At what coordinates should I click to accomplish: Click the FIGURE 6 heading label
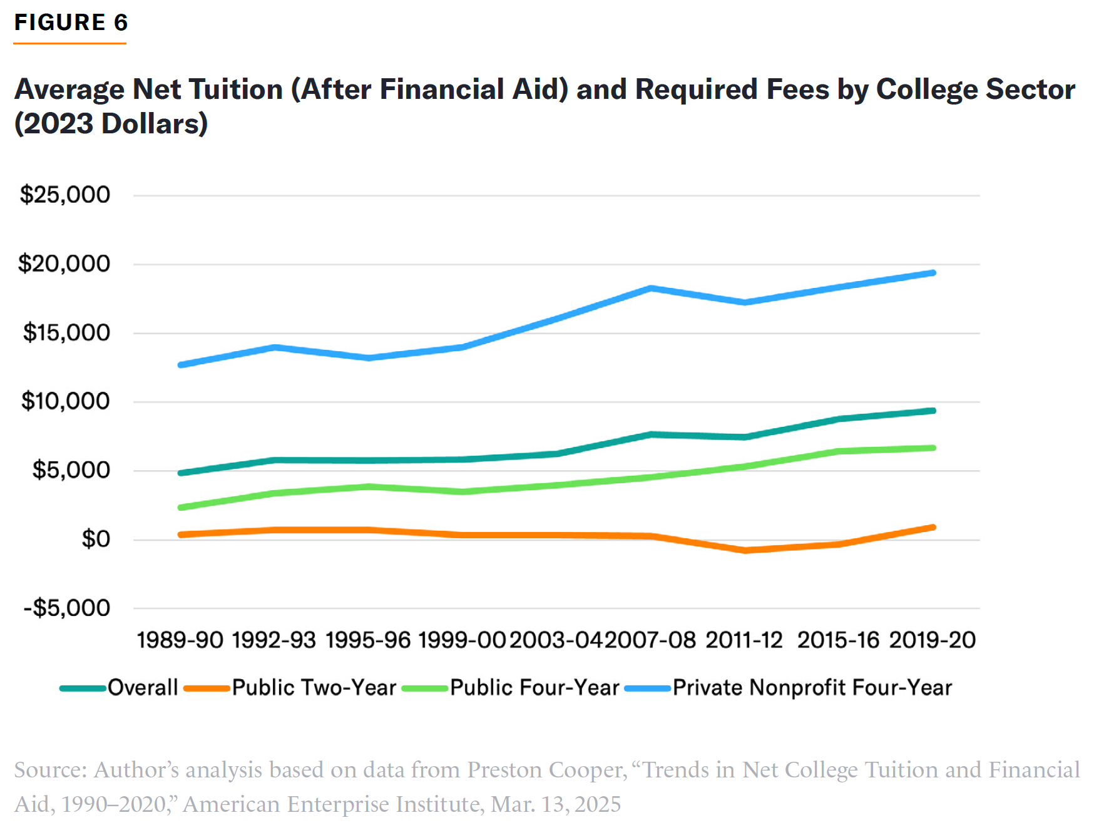[71, 23]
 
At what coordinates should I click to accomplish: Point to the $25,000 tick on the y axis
[64, 195]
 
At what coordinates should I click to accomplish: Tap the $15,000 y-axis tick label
[66, 332]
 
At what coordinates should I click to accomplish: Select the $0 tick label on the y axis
[96, 539]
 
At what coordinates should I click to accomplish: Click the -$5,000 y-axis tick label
[66, 608]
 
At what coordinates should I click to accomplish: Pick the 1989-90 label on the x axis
[180, 640]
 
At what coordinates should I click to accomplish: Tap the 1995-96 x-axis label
[368, 640]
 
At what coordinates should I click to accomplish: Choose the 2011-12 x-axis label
[744, 640]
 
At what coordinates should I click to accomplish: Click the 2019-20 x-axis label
[932, 640]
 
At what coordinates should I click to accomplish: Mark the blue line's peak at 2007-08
[651, 288]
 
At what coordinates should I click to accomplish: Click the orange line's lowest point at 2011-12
[745, 550]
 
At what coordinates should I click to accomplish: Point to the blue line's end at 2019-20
[933, 273]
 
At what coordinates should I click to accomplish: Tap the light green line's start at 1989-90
[180, 508]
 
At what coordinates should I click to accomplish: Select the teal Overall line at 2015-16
[839, 419]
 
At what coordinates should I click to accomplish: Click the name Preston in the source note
[505, 770]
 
